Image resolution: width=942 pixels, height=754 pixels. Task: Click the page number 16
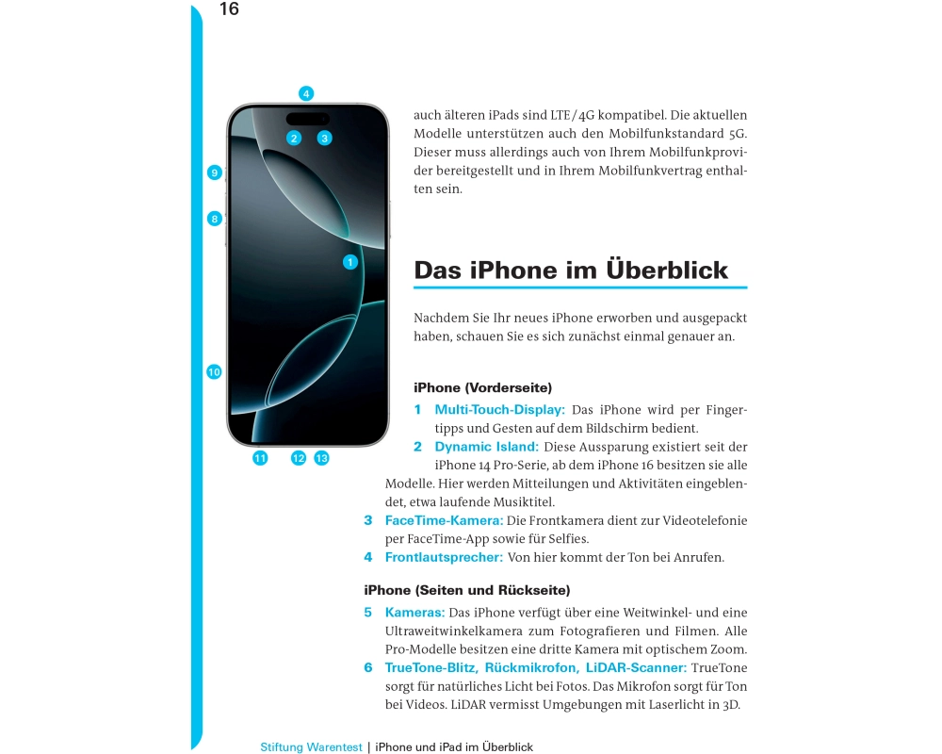tap(229, 9)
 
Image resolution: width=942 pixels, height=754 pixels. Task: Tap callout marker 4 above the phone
tap(306, 93)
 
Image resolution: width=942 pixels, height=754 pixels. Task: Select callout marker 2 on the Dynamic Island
tap(294, 138)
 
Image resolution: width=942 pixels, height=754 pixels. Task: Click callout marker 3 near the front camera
tap(324, 138)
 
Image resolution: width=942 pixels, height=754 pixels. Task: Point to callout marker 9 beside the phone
tap(215, 172)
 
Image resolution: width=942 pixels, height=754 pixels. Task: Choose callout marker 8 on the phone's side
tap(215, 219)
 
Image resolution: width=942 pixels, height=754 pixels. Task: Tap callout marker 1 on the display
tap(349, 262)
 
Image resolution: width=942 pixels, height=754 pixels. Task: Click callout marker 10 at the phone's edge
tap(214, 372)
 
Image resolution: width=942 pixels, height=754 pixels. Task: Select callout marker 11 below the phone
tap(260, 458)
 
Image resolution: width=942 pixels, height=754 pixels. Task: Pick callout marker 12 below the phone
tap(299, 458)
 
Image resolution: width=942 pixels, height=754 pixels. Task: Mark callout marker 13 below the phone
tap(321, 458)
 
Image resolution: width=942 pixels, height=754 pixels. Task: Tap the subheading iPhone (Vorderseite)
tap(482, 387)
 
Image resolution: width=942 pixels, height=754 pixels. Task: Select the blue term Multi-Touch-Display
tap(499, 410)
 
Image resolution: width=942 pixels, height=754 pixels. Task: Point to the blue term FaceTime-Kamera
tap(443, 520)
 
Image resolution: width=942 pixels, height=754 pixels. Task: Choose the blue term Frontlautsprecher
tap(444, 558)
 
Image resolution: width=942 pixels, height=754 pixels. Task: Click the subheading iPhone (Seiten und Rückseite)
tap(466, 591)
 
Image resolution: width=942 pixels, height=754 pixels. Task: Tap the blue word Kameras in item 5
tap(414, 613)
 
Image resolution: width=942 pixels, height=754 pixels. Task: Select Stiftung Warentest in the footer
tap(311, 747)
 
